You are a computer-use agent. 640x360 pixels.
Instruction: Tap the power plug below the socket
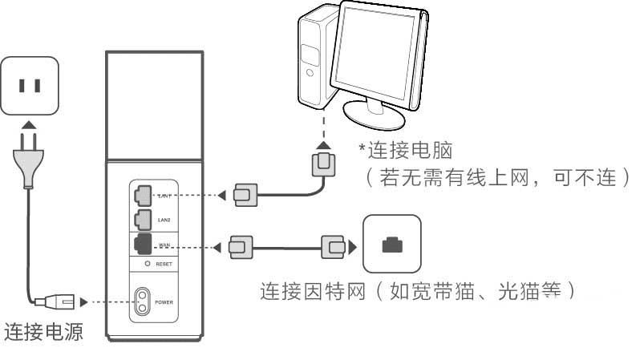[28, 156]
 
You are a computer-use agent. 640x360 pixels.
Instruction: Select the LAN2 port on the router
[141, 217]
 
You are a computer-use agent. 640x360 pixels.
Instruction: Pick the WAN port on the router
[141, 244]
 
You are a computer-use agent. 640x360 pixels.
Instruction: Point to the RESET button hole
[148, 263]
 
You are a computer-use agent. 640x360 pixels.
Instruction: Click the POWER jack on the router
[143, 302]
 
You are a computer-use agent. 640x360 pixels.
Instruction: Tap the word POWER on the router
[164, 302]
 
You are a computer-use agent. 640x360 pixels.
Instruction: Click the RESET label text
[164, 263]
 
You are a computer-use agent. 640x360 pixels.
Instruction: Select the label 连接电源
[44, 332]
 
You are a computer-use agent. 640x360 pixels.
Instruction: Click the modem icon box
[391, 245]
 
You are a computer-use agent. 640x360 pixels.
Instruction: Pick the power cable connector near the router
[63, 302]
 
